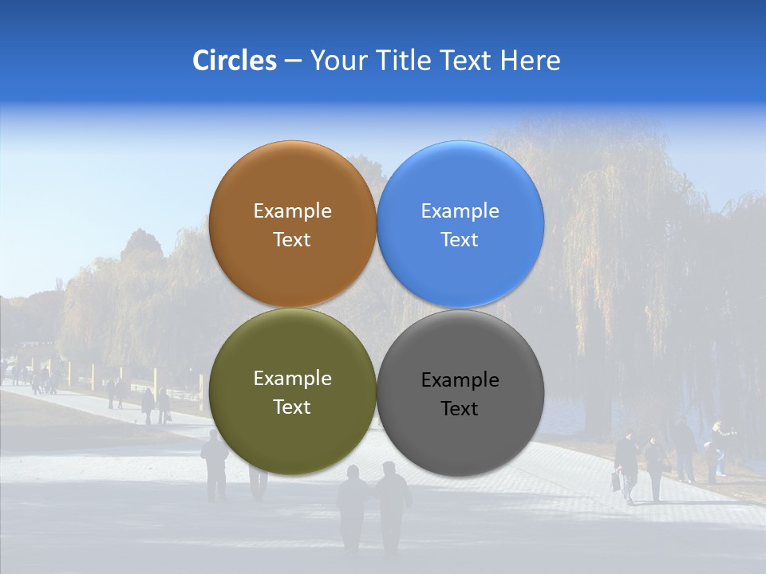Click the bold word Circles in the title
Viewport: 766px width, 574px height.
tap(234, 61)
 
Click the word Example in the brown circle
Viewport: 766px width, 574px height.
tap(292, 211)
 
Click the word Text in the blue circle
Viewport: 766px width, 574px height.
tap(460, 240)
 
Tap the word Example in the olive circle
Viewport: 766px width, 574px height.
tap(292, 379)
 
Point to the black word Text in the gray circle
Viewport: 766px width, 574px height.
tap(460, 409)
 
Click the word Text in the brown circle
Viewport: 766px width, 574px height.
tap(292, 240)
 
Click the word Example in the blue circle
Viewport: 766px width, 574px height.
tap(460, 211)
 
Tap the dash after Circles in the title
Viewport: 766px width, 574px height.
tap(293, 61)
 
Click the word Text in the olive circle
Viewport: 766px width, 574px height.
tap(292, 407)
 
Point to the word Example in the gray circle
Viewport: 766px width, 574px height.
tap(460, 380)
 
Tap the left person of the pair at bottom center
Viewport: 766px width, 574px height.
tap(353, 506)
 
